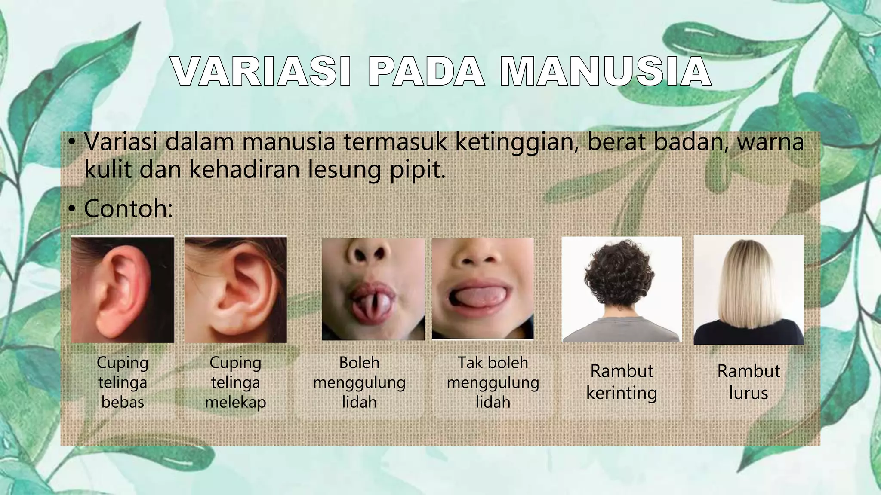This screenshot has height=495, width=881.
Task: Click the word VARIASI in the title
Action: (x=261, y=72)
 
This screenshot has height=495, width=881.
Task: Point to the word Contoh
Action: (x=128, y=208)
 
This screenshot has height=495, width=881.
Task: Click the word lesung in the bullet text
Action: (x=344, y=170)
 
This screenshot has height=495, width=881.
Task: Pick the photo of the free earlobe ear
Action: (x=123, y=289)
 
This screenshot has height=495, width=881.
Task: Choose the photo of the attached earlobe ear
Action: (x=236, y=289)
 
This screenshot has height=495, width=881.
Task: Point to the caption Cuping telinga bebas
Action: (x=123, y=382)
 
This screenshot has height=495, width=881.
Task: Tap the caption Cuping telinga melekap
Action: (x=236, y=382)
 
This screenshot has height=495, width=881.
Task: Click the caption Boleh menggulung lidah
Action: (x=359, y=382)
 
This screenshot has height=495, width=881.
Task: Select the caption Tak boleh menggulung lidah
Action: (x=493, y=382)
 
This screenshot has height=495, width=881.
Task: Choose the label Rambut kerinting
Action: (x=622, y=382)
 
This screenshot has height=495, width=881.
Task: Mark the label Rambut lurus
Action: (x=749, y=382)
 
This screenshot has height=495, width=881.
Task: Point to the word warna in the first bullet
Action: (x=770, y=143)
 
